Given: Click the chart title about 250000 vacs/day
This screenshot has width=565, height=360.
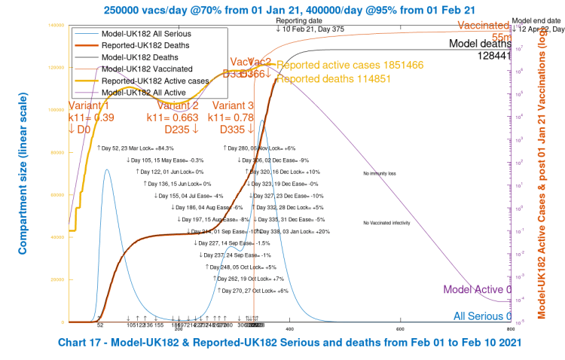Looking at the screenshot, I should pos(282,9).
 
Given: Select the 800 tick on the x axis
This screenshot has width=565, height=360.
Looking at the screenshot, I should pos(510,328).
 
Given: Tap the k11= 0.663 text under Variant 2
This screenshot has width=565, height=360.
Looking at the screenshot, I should pos(173,117).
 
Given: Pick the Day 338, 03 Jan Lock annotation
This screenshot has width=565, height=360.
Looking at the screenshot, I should pos(294,231).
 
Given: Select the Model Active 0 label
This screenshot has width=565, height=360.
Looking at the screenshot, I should pos(478,289).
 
